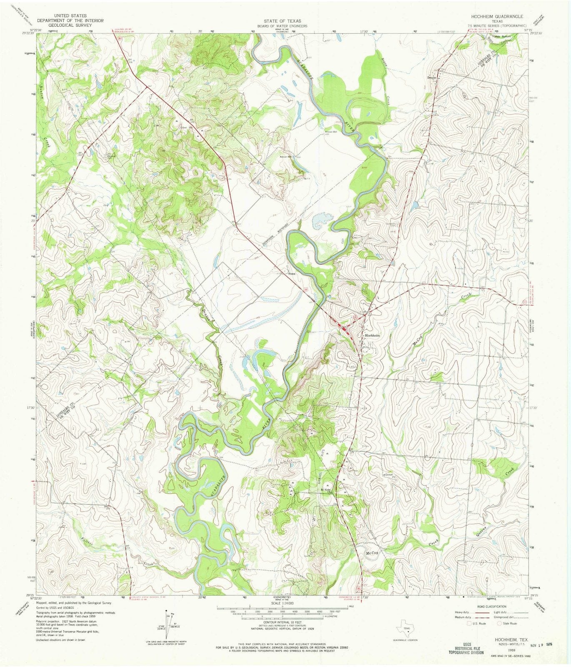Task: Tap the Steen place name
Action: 292,274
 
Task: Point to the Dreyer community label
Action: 431,78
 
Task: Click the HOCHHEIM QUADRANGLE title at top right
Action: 497,16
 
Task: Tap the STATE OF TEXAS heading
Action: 282,21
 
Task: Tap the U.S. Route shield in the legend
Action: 469,624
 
